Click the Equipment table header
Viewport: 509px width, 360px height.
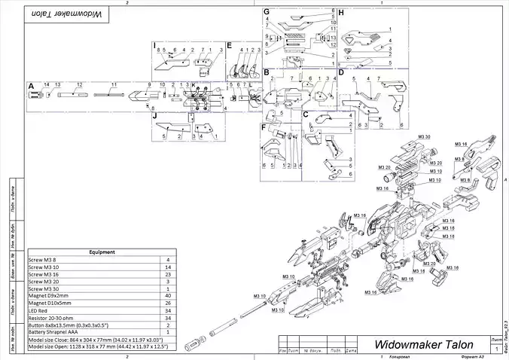pyautogui.click(x=101, y=252)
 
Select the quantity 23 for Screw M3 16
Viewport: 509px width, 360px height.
pyautogui.click(x=167, y=275)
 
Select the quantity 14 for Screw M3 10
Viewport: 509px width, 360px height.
pyautogui.click(x=167, y=267)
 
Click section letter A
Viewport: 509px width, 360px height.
pyautogui.click(x=31, y=86)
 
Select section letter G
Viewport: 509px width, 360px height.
pyautogui.click(x=267, y=13)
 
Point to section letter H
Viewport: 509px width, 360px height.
pyautogui.click(x=341, y=13)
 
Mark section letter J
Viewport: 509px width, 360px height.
pyautogui.click(x=154, y=116)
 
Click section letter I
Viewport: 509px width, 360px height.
pyautogui.click(x=154, y=46)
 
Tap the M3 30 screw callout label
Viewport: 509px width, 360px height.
pyautogui.click(x=424, y=137)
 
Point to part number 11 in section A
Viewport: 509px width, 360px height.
pyautogui.click(x=114, y=84)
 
